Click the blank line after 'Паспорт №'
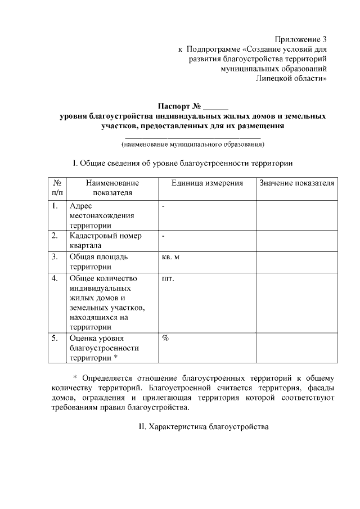click(216, 107)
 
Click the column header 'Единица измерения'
click(207, 183)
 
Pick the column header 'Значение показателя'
click(297, 183)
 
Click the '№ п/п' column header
click(56, 188)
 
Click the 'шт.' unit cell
click(168, 278)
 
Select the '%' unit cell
click(166, 339)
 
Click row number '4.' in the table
click(55, 278)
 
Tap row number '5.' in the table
click(55, 339)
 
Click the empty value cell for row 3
click(296, 262)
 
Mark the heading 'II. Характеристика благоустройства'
click(204, 427)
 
